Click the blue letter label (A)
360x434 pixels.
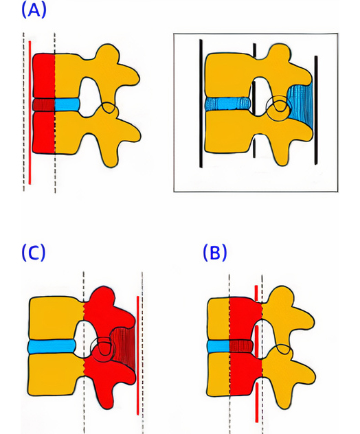click(34, 11)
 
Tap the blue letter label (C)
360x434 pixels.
click(34, 252)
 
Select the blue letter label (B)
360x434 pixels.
click(215, 252)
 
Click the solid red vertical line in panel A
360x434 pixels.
click(30, 113)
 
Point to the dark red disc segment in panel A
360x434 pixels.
click(44, 104)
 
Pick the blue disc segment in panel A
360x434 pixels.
click(67, 104)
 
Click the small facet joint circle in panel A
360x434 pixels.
click(109, 107)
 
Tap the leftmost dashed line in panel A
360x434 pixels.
click(23, 112)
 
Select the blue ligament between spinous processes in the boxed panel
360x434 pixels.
click(301, 104)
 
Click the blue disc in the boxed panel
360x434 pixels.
click(228, 104)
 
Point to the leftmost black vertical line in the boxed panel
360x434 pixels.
click(201, 103)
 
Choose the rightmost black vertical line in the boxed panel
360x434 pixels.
click(316, 110)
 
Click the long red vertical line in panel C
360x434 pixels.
click(137, 356)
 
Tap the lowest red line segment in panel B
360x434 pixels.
click(257, 402)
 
